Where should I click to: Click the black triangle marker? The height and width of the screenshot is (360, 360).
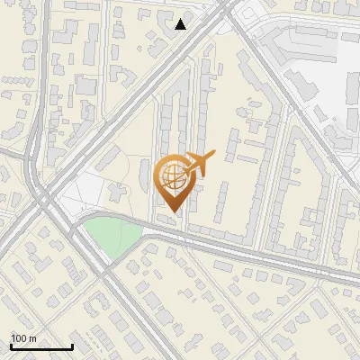pos(181,23)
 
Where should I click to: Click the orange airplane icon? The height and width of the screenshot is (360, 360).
pos(197,164)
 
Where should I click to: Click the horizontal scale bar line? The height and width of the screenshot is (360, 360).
pos(41,346)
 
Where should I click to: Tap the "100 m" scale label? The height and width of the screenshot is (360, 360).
pos(23,338)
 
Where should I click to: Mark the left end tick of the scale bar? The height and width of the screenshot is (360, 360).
pos(11,346)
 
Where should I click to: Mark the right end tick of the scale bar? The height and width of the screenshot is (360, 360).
pos(72,346)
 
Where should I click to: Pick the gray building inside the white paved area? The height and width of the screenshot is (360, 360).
pos(117,192)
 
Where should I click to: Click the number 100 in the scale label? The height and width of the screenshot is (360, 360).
pos(20,338)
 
